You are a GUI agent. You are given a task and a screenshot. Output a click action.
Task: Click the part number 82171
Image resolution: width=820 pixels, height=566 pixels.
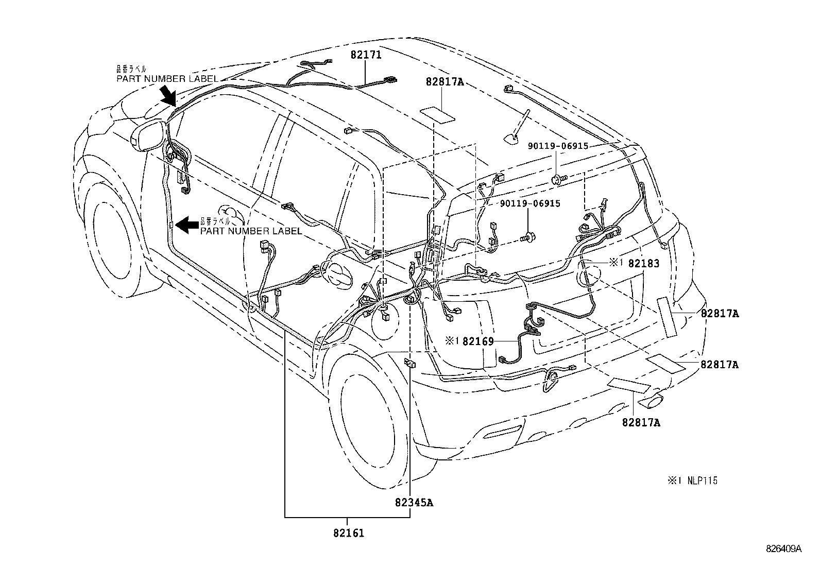366,55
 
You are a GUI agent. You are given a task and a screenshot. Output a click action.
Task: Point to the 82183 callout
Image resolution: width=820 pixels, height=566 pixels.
644,263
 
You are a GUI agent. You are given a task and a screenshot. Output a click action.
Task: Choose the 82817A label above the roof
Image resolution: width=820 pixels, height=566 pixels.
445,81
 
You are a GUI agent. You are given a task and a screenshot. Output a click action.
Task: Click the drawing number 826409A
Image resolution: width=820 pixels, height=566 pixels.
784,549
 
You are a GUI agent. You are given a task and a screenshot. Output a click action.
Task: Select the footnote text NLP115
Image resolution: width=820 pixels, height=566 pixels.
702,481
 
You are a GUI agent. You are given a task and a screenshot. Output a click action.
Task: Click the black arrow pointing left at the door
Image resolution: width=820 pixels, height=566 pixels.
187,224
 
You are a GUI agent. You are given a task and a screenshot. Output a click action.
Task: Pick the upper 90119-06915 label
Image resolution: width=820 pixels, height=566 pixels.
557,146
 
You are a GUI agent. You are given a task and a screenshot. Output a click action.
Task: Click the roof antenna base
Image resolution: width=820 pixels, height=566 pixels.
511,136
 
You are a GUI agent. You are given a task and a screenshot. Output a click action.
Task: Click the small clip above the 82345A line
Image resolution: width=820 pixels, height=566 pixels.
410,363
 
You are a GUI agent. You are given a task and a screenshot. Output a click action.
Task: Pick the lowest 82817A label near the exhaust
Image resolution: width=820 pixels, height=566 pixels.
641,423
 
